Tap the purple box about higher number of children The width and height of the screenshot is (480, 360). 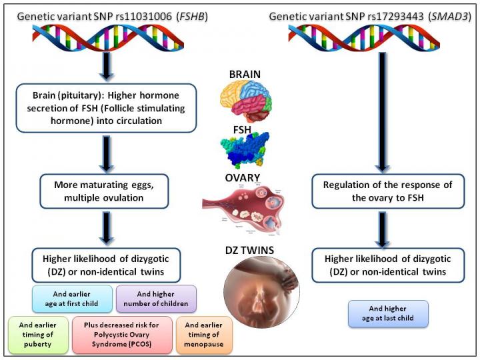click(x=155, y=297)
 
